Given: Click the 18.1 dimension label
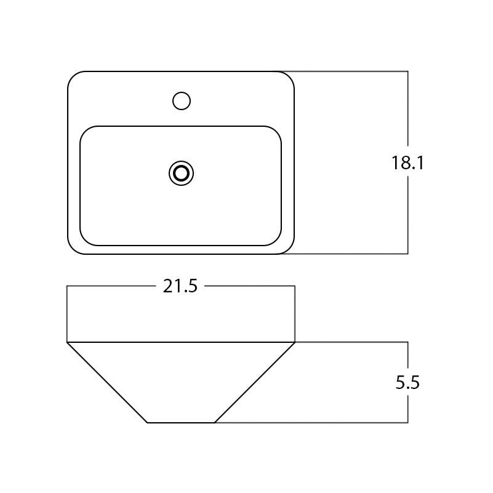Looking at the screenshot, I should tap(408, 163).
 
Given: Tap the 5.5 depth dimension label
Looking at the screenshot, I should tap(408, 383).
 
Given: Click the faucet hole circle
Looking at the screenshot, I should tap(181, 100).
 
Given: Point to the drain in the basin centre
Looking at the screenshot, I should tap(181, 174).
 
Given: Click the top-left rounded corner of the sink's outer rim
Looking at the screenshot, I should tap(73, 77).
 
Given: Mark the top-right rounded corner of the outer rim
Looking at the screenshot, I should tap(289, 77).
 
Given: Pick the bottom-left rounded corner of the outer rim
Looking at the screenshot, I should tap(73, 248).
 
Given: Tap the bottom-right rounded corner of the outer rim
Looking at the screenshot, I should tap(289, 248).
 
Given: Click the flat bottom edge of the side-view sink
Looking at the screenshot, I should tap(181, 423).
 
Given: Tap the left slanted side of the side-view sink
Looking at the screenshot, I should tap(107, 382).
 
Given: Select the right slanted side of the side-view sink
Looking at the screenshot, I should tap(255, 382).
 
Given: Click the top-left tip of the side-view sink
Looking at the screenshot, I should tap(67, 342).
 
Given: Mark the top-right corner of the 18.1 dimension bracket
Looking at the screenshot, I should tap(408, 71).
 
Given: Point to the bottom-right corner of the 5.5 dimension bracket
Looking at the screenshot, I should tap(408, 423).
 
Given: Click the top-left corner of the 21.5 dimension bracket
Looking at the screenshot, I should tap(67, 286).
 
